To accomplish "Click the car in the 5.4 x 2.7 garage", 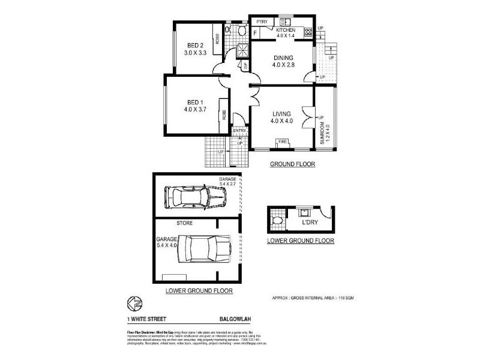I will pos(195,196).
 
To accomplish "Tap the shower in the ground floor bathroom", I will pos(242,51).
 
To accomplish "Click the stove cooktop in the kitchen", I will pos(308,31).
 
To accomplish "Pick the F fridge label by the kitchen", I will pos(255,33).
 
